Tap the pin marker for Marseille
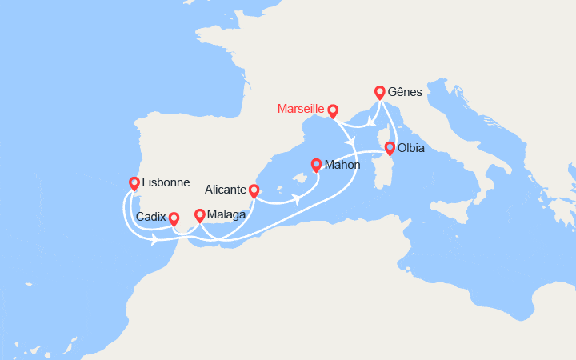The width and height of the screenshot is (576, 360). (333, 112)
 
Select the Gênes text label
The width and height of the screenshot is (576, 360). (404, 92)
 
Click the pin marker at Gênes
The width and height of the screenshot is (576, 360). (379, 93)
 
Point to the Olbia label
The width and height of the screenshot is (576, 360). (410, 148)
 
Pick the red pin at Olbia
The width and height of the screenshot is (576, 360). (390, 149)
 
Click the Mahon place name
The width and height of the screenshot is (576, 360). (342, 165)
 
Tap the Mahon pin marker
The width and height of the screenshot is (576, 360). (316, 166)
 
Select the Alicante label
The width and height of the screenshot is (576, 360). (225, 190)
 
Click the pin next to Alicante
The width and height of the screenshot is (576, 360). (254, 192)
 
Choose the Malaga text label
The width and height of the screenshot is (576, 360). (226, 214)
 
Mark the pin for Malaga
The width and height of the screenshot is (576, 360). (200, 216)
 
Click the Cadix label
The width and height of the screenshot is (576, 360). (151, 217)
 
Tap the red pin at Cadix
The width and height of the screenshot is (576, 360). (174, 219)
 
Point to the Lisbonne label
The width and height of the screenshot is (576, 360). (166, 182)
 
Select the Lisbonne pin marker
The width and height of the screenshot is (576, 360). (134, 184)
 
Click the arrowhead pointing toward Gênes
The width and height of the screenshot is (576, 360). (373, 122)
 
